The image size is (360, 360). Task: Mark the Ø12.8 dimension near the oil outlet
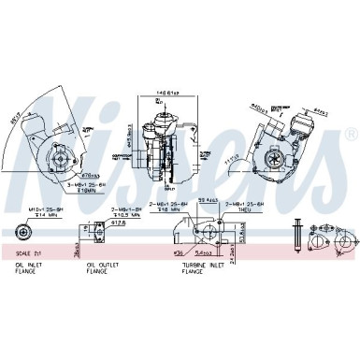118,223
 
